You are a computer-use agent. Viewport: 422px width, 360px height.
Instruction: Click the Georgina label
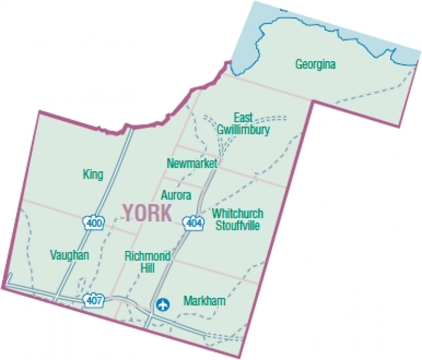pyautogui.click(x=315, y=65)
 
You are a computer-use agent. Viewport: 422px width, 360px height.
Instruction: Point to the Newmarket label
pyautogui.click(x=192, y=164)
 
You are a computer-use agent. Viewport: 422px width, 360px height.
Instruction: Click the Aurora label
pyautogui.click(x=176, y=195)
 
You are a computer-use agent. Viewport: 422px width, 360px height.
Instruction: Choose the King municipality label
pyautogui.click(x=93, y=174)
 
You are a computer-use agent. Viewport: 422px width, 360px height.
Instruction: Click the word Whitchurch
pyautogui.click(x=237, y=214)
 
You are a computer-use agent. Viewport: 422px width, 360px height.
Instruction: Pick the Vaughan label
pyautogui.click(x=69, y=256)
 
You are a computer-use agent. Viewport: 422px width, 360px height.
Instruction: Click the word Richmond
pyautogui.click(x=148, y=257)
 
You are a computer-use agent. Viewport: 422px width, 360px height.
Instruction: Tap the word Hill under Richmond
pyautogui.click(x=148, y=268)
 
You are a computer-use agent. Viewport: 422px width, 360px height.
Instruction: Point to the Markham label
pyautogui.click(x=205, y=301)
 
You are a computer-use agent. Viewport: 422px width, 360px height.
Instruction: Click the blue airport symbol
pyautogui.click(x=164, y=304)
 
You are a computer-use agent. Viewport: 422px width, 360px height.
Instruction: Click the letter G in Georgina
pyautogui.click(x=299, y=65)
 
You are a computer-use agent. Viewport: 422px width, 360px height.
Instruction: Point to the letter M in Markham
pyautogui.click(x=187, y=301)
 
